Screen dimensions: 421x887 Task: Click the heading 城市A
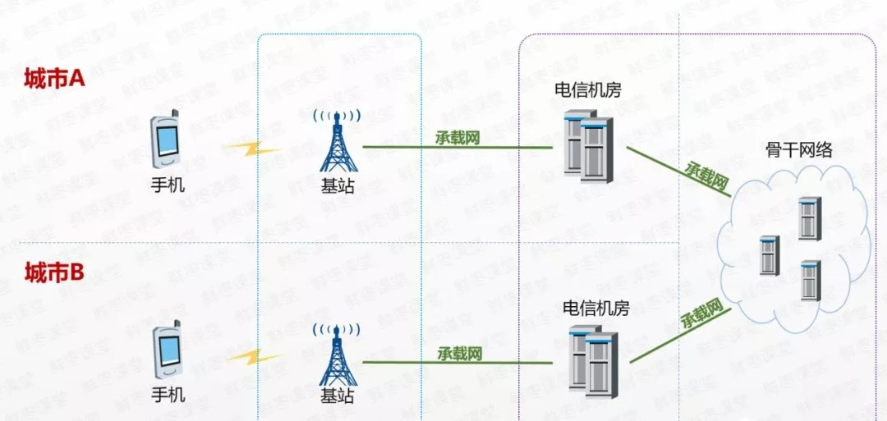pos(54,79)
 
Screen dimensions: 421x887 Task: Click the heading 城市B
pos(54,272)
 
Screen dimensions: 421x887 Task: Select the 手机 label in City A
pos(168,185)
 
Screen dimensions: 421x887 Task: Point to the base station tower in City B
pos(336,354)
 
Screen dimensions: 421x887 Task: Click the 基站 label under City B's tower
pos(337,395)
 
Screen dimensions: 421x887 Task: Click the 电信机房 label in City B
pos(595,309)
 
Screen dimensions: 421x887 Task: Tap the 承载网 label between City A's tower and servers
pos(457,138)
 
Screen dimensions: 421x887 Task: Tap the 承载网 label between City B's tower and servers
pos(459,354)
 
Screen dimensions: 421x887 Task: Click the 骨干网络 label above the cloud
pos(799,149)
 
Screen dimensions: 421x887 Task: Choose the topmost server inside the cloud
pos(809,217)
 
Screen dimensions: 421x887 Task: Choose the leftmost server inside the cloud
pos(769,254)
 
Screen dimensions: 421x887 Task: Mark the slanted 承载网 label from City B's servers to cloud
pos(705,314)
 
